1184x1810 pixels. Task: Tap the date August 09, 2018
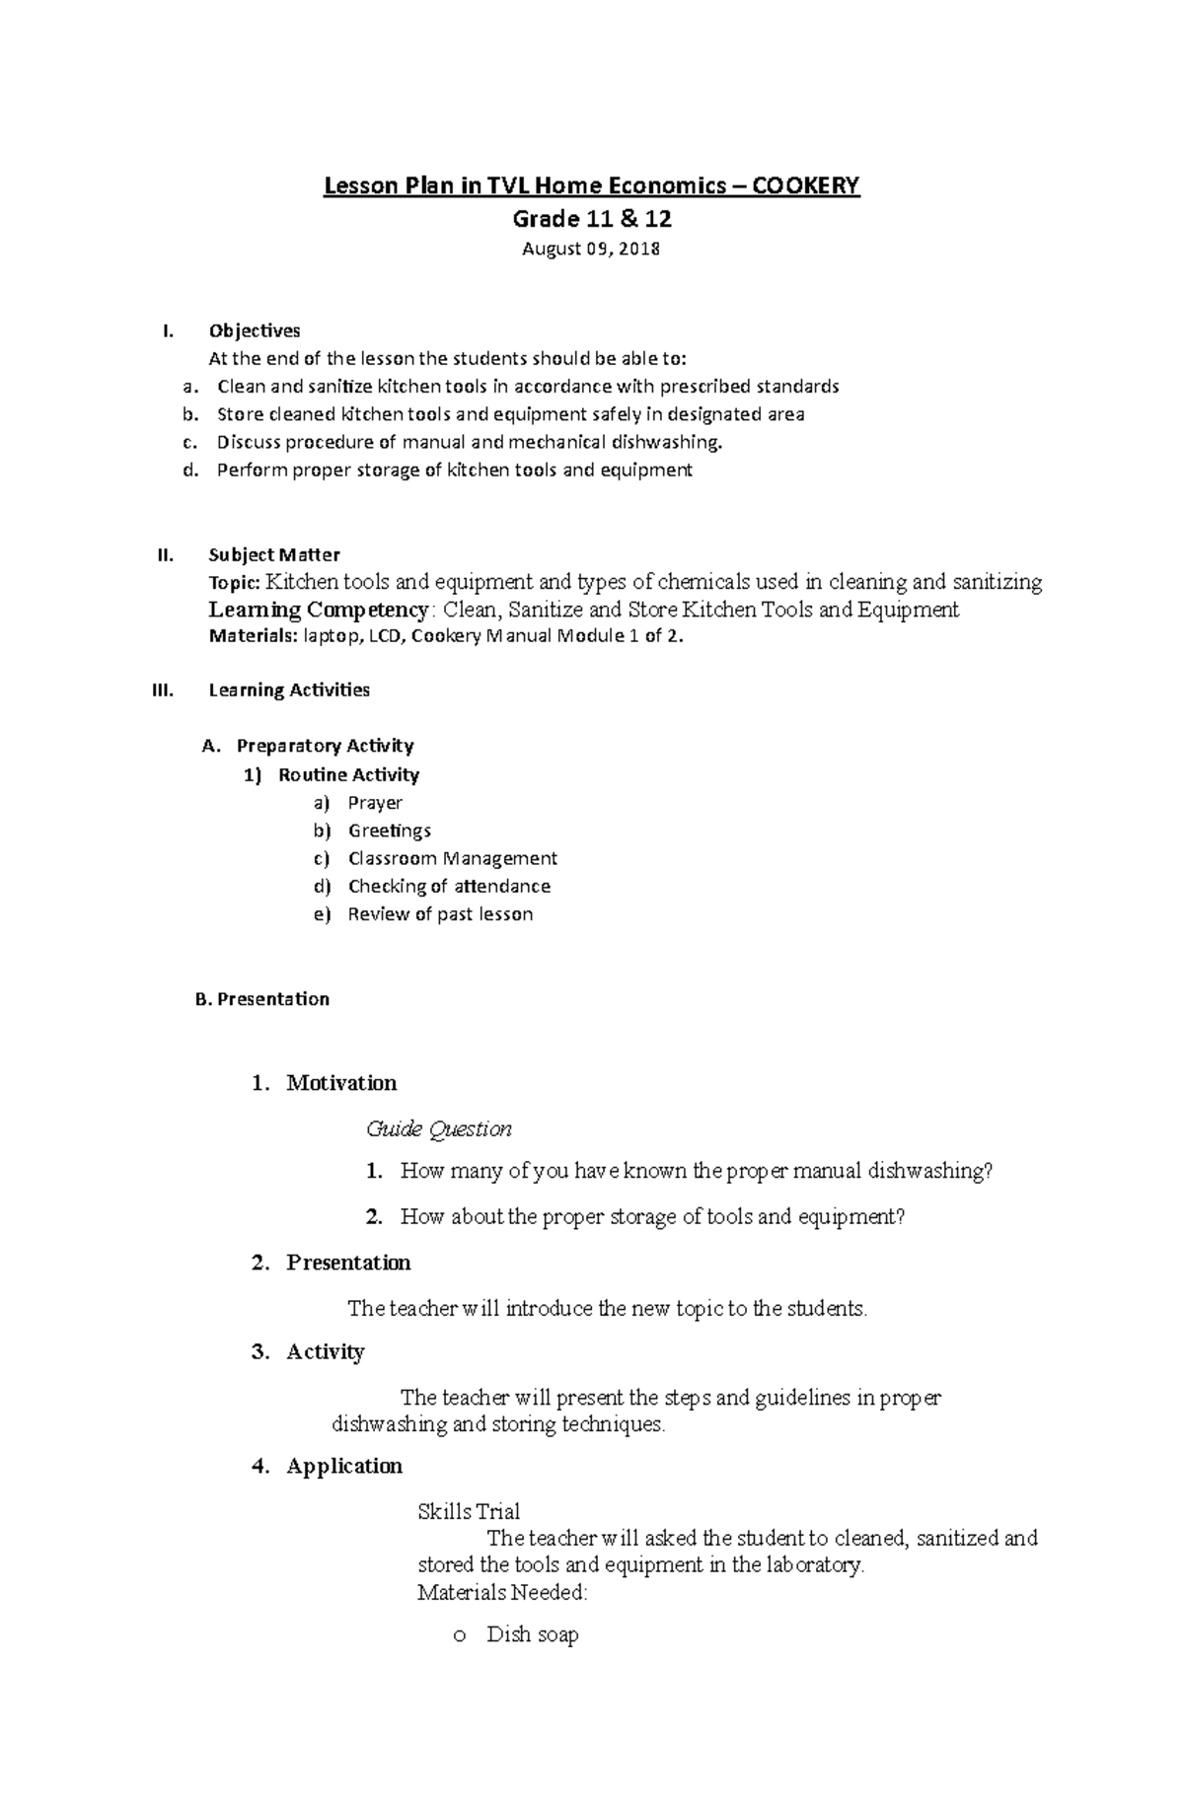click(591, 249)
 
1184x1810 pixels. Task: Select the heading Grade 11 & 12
click(591, 218)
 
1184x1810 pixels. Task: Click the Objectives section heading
click(255, 330)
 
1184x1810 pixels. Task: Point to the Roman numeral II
click(165, 555)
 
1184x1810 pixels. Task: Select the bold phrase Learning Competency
click(319, 610)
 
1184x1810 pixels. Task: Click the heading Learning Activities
click(289, 690)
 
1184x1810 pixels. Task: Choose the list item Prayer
click(375, 803)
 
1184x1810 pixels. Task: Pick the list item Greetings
click(390, 831)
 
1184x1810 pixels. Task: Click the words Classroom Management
click(453, 858)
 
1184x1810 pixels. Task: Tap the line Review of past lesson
click(440, 914)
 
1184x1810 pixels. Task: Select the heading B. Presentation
click(262, 999)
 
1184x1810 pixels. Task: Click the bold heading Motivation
click(341, 1083)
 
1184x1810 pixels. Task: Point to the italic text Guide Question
click(439, 1128)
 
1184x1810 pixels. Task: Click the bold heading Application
click(344, 1466)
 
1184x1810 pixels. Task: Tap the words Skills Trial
click(469, 1511)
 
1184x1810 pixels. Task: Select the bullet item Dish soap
click(533, 1634)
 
